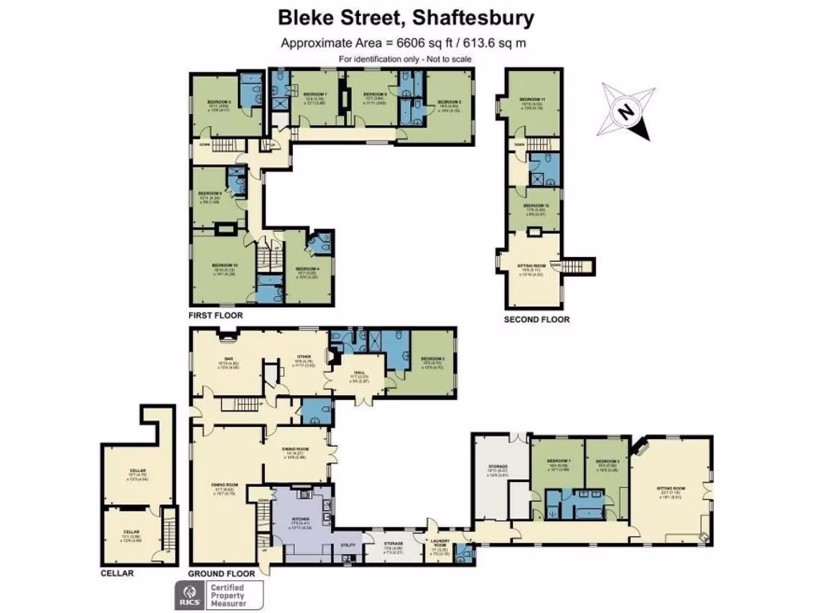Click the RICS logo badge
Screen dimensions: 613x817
[x=188, y=595]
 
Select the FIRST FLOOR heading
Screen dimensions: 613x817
[x=215, y=315]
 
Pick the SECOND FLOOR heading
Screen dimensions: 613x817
[x=536, y=319]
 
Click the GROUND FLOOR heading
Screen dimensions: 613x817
[x=222, y=573]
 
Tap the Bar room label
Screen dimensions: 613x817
[x=228, y=358]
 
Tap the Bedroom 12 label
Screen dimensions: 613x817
[x=535, y=205]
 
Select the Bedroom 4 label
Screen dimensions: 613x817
[x=307, y=269]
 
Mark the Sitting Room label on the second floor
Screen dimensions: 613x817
[x=533, y=265]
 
